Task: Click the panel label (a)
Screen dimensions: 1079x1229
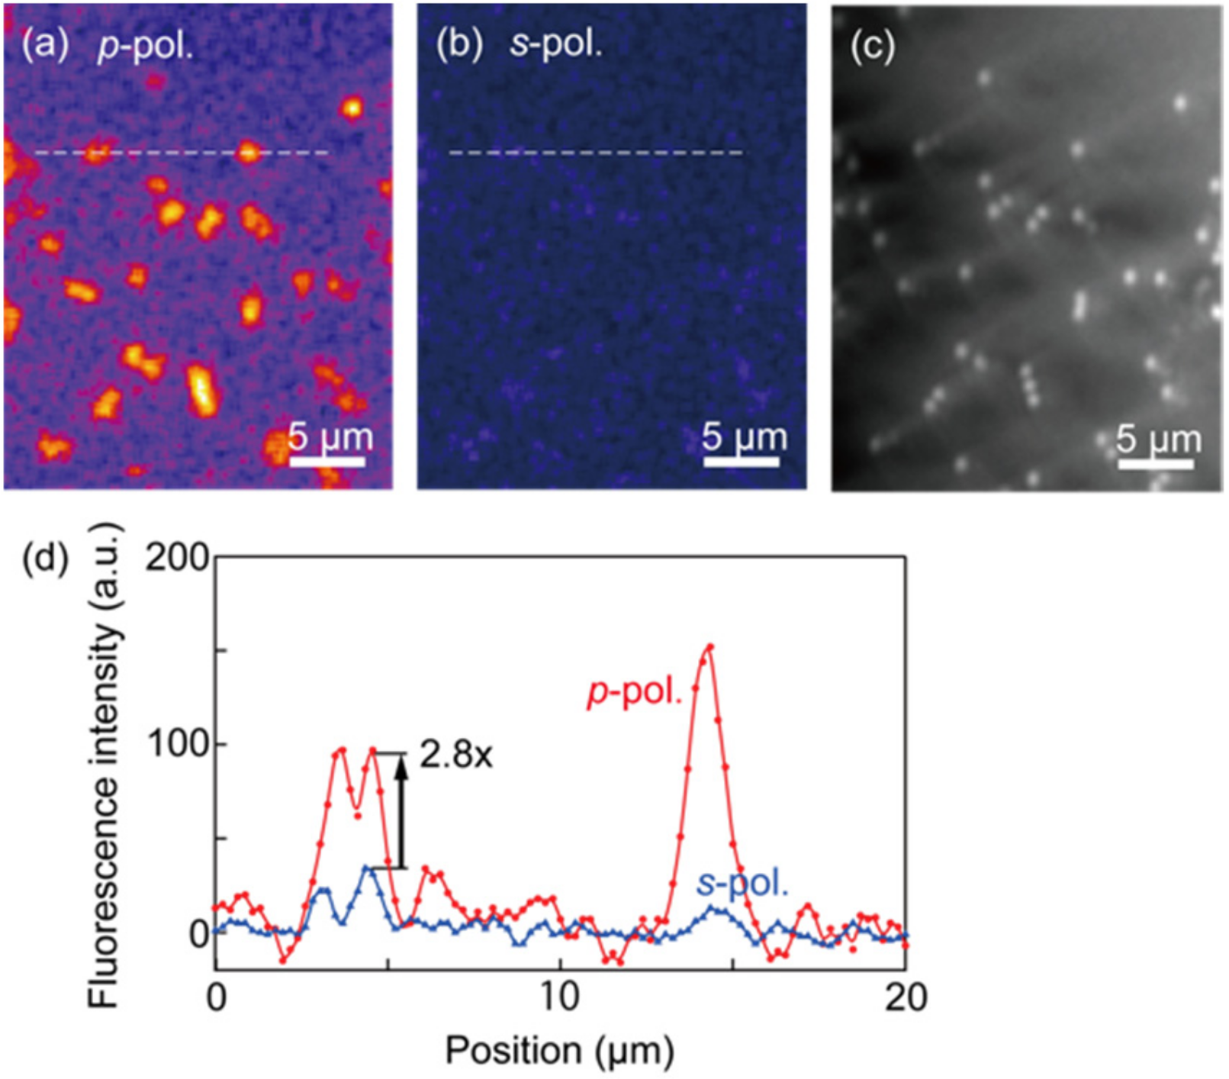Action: tap(39, 47)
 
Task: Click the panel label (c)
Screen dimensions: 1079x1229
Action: tap(872, 47)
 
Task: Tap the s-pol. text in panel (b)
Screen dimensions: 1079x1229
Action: tap(556, 45)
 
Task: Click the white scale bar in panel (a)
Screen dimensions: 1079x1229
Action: tap(327, 462)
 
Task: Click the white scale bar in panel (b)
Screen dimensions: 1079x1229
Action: tap(741, 462)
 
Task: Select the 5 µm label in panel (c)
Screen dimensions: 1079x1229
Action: tap(1159, 440)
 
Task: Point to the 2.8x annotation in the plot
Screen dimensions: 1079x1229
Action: tap(456, 755)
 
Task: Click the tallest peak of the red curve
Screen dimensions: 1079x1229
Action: tap(709, 648)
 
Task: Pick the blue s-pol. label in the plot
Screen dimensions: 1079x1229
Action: tap(742, 884)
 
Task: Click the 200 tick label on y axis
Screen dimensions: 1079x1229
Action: tap(177, 559)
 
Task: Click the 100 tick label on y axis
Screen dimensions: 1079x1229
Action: tap(177, 744)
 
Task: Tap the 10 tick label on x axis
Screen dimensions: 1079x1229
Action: tap(561, 997)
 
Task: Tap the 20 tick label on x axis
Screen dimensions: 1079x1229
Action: tap(906, 997)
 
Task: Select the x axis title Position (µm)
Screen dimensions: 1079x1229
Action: tap(559, 1051)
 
